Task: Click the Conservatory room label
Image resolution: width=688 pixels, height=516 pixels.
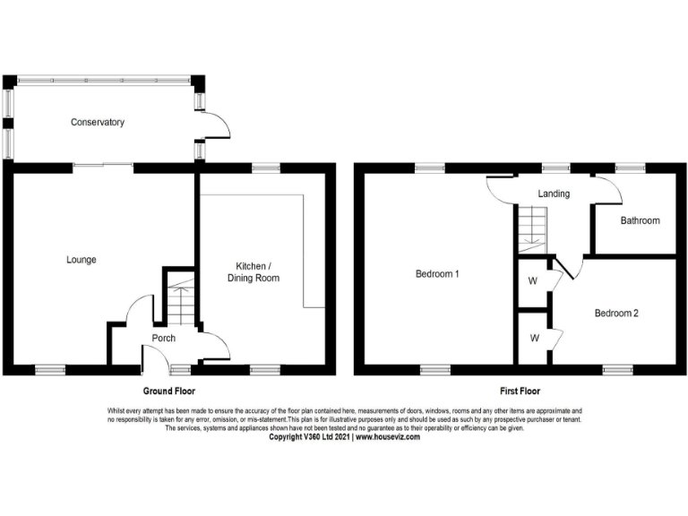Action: (x=97, y=123)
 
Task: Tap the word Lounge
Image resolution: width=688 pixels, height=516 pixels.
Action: (x=81, y=260)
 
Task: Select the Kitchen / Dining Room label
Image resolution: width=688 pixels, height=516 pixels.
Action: (x=257, y=272)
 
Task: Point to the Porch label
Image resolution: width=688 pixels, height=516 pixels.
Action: (x=163, y=339)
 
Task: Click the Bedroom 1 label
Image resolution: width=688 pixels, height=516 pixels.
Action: (x=437, y=274)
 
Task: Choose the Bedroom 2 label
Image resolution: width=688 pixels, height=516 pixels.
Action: (x=616, y=314)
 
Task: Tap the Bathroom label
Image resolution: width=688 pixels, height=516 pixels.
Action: (x=640, y=220)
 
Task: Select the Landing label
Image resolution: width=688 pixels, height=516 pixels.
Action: (x=554, y=193)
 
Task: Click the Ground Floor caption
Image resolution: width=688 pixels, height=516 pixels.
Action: (x=169, y=391)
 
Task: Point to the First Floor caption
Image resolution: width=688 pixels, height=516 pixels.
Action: (x=520, y=391)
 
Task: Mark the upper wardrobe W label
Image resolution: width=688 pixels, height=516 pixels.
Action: (x=532, y=281)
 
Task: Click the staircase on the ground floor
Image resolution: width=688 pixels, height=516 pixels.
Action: (x=179, y=299)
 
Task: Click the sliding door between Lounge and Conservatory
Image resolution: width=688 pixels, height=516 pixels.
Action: (x=103, y=165)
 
